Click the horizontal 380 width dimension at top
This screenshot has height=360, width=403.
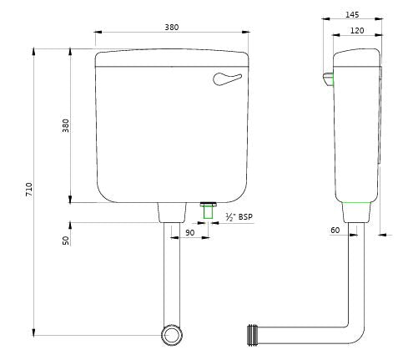[x=171, y=27]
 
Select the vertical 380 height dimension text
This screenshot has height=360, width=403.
[x=66, y=125]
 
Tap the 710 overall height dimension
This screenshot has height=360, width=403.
[x=28, y=190]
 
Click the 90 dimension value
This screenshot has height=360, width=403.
[x=189, y=233]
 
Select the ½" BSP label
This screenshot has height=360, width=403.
[x=239, y=217]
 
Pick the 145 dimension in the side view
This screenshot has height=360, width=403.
[x=351, y=15]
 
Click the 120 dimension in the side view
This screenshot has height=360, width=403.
[x=356, y=30]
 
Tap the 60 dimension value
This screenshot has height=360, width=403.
[x=335, y=230]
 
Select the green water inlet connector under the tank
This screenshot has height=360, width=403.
[x=209, y=210]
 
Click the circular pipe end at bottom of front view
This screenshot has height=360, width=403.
[x=172, y=336]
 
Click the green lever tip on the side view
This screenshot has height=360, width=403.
[x=329, y=80]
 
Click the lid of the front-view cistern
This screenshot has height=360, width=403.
[x=172, y=58]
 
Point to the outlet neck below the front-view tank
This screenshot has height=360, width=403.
[x=172, y=212]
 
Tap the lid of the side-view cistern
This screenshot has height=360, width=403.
[x=357, y=57]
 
